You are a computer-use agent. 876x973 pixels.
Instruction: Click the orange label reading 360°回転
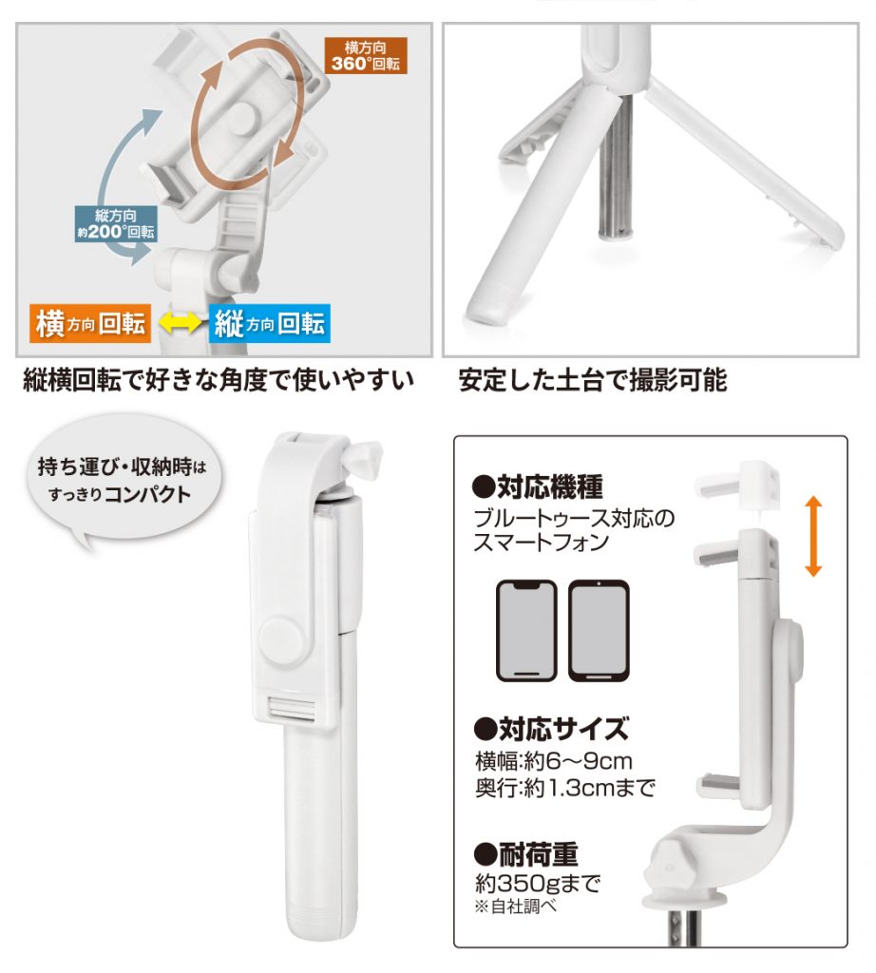tap(366, 55)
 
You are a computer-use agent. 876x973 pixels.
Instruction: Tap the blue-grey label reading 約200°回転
tap(116, 224)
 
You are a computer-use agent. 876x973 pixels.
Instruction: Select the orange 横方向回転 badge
tap(90, 323)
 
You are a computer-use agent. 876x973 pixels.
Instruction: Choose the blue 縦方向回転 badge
tap(269, 323)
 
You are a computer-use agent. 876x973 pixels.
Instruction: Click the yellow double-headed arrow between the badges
tap(180, 323)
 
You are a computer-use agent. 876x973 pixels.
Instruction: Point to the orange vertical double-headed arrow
tap(813, 537)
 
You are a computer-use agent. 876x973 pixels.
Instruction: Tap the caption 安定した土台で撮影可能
tap(593, 380)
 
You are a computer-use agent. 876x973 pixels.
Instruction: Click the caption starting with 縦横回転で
tap(219, 380)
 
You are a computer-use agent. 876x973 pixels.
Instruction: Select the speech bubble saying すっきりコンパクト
tap(123, 479)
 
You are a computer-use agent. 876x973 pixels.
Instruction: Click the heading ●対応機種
tap(537, 486)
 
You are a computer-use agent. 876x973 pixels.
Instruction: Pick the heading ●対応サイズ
tap(551, 729)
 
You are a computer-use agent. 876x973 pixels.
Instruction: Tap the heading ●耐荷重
tap(525, 854)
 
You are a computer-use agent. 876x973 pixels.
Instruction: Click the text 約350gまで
tap(538, 882)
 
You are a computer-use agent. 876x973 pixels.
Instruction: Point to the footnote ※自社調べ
tap(516, 906)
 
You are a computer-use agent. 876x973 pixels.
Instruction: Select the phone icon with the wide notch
tap(526, 631)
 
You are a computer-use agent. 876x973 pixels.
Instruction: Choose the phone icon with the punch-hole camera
tap(599, 631)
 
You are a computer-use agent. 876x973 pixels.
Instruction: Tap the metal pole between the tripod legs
tap(617, 166)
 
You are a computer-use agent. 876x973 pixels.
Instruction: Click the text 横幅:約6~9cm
tap(553, 761)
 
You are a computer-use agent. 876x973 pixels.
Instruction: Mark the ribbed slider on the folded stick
tap(293, 709)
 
